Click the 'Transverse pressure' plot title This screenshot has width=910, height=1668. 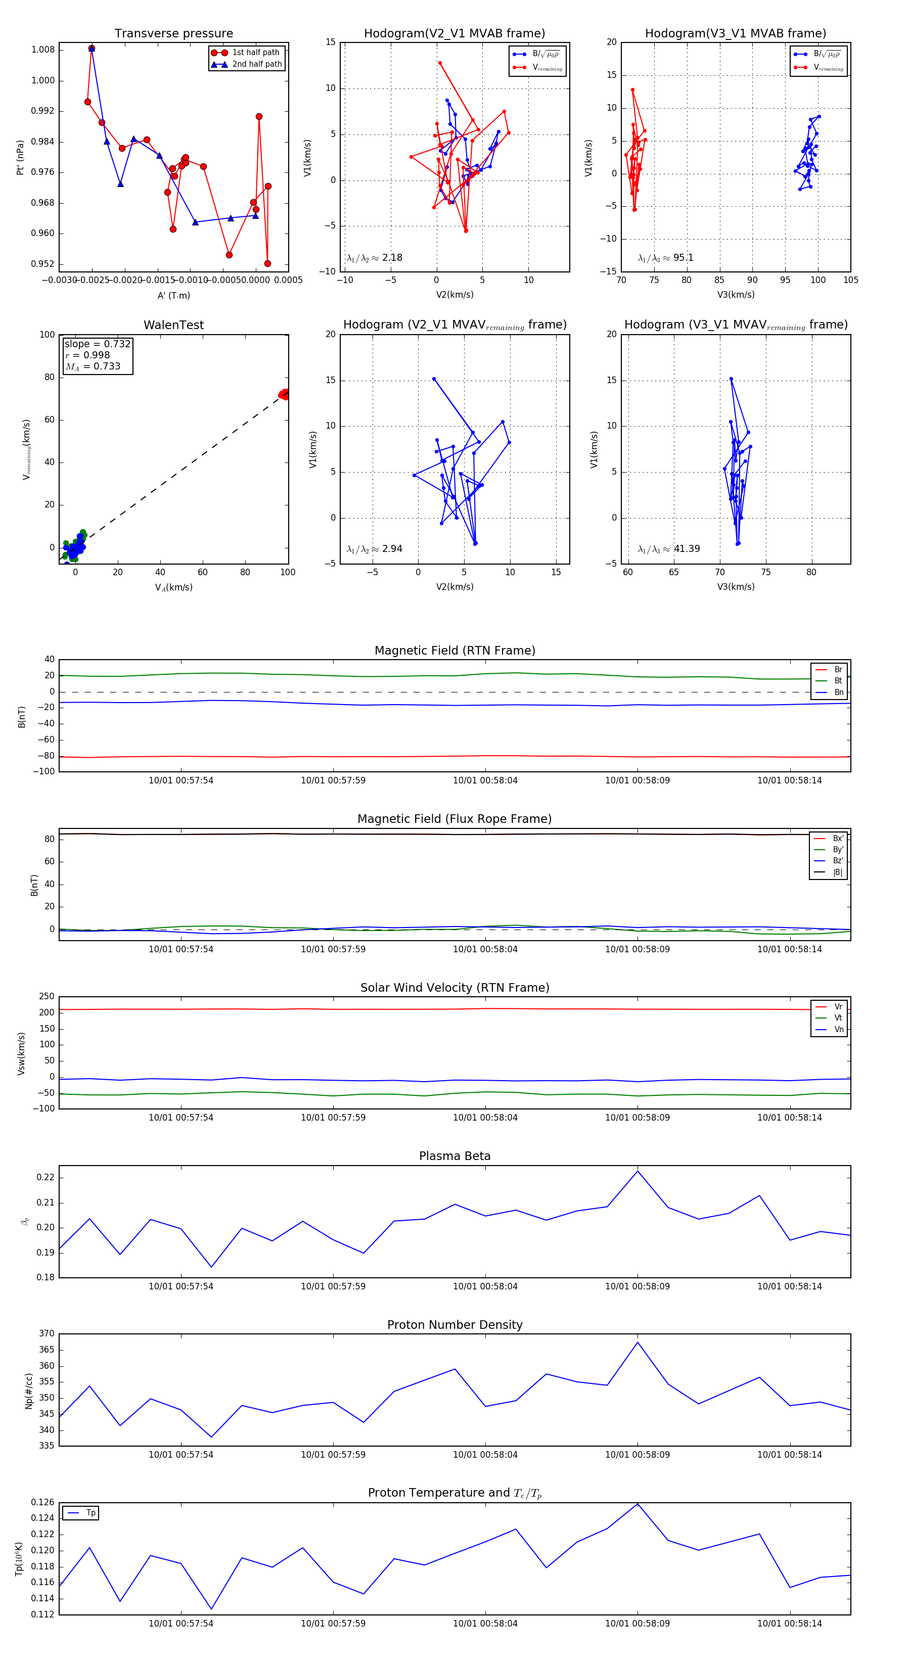point(173,34)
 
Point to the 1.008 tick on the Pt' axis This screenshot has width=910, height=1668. point(43,50)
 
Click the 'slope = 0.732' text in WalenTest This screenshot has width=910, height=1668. point(97,344)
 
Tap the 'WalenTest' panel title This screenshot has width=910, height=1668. point(173,325)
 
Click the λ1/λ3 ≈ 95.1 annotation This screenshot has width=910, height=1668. point(665,258)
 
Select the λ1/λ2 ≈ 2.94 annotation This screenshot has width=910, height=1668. point(374,549)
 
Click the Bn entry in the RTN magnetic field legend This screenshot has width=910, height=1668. point(838,692)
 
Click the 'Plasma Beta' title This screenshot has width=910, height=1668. point(454,1156)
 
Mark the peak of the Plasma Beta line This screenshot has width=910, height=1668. point(638,1171)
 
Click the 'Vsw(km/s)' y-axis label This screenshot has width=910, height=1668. point(21,1053)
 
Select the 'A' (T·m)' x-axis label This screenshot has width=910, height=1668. point(173,295)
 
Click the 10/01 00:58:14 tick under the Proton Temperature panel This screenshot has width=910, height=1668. point(790,1624)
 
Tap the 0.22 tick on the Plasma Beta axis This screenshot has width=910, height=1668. point(45,1177)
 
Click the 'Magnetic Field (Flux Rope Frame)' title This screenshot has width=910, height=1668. point(454,819)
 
